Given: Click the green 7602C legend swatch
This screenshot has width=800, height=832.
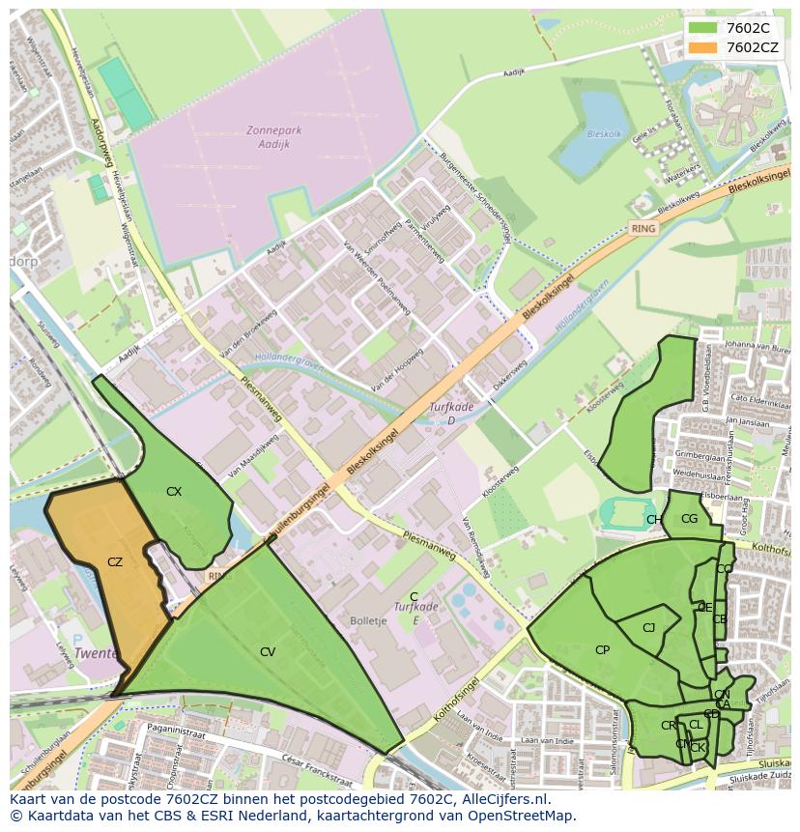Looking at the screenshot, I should (702, 27).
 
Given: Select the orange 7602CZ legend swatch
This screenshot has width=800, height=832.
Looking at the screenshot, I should (702, 46).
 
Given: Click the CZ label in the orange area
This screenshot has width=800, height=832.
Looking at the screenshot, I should (115, 561).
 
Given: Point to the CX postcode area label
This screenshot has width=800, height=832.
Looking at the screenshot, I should (174, 492).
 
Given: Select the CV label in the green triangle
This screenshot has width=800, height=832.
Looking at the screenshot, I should (268, 652).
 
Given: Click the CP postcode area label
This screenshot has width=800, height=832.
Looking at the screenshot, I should (602, 650).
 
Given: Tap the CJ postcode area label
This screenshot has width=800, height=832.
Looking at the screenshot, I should (648, 628).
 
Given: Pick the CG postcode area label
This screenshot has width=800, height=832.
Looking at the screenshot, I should (689, 519).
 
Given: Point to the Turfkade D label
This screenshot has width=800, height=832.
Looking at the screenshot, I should (451, 414).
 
